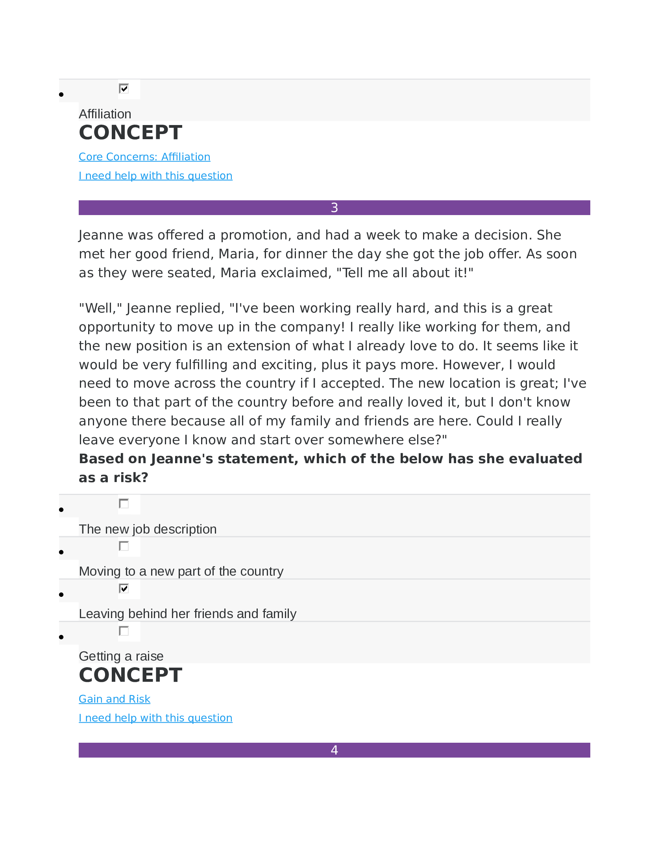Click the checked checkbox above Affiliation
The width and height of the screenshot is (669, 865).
(124, 88)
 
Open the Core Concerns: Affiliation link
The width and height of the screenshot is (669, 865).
(144, 157)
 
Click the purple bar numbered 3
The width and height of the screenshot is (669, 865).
(334, 208)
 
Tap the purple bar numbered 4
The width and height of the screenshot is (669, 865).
(334, 750)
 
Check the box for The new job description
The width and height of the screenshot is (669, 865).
(124, 503)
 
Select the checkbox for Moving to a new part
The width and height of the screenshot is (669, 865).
(124, 546)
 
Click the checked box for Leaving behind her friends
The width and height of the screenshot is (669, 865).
(124, 588)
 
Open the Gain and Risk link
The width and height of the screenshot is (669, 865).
(114, 699)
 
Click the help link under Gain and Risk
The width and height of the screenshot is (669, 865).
(155, 718)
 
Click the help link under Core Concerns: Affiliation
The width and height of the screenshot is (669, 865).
(155, 175)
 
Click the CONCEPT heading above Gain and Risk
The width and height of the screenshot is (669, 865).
(130, 675)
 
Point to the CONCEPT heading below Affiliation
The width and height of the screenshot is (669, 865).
(130, 133)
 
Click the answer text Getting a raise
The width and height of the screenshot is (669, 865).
(121, 656)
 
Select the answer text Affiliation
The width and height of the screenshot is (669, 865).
(105, 114)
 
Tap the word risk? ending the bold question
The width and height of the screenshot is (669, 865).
(130, 478)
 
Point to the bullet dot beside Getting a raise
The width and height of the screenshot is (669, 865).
(61, 637)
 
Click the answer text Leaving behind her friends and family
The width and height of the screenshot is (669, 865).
(187, 614)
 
